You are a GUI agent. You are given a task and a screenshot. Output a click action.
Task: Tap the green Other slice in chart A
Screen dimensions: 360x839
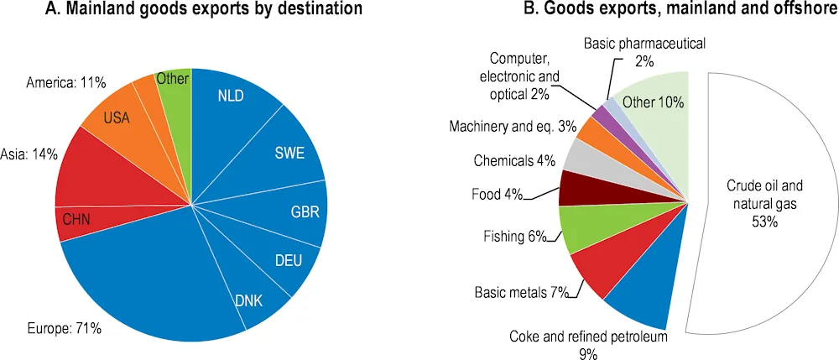click(174, 84)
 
